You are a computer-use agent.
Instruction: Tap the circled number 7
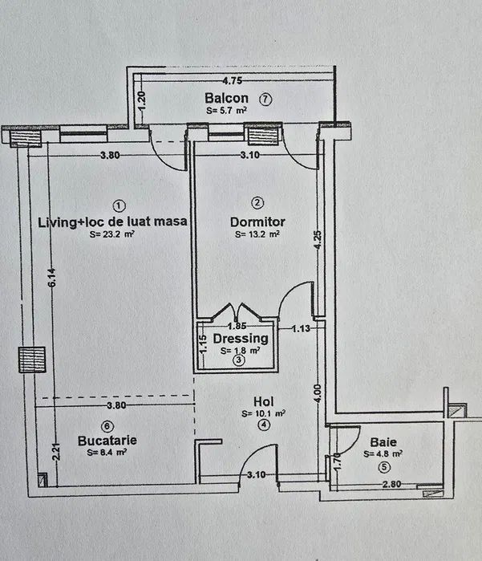(x=265, y=100)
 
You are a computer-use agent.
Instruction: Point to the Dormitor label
(x=257, y=222)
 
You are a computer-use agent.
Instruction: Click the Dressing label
(x=240, y=339)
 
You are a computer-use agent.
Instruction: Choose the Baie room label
(x=383, y=441)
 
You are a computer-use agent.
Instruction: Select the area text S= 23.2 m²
(x=111, y=235)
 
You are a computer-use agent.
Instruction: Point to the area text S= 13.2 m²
(x=257, y=235)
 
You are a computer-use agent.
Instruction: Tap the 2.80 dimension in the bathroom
(x=391, y=484)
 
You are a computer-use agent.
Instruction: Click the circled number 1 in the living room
(x=119, y=204)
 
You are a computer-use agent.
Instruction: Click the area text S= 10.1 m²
(x=264, y=414)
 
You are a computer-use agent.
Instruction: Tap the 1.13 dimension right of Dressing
(x=301, y=327)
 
